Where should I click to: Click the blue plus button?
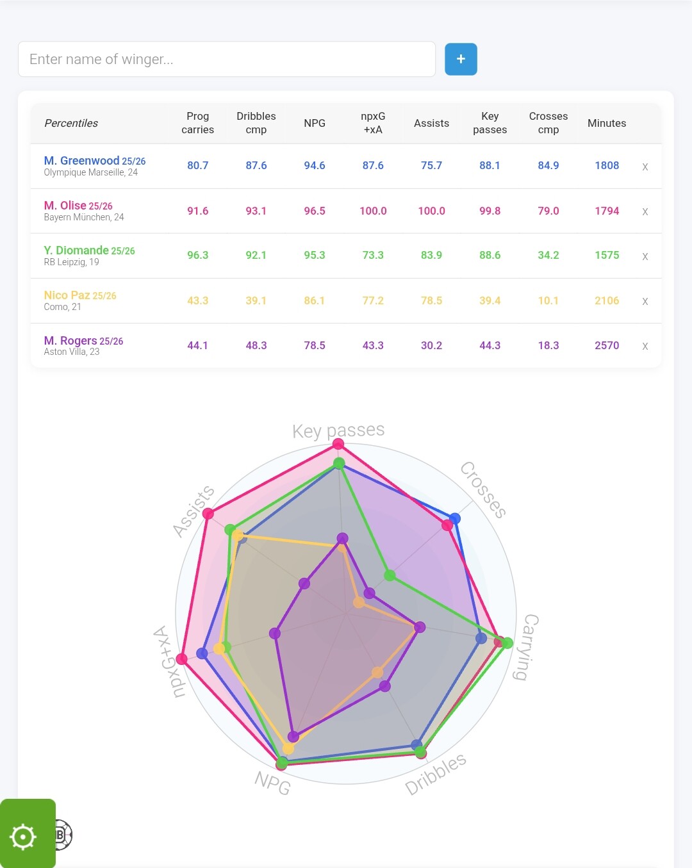click(x=461, y=59)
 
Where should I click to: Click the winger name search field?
click(x=227, y=59)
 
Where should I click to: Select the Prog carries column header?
click(x=197, y=123)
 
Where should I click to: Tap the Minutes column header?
click(x=606, y=123)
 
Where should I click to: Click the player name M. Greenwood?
click(x=81, y=161)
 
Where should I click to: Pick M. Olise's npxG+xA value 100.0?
click(x=373, y=211)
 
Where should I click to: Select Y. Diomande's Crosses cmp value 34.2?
click(x=548, y=255)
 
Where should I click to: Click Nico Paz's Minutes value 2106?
click(x=606, y=300)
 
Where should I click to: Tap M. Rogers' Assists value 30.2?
click(x=431, y=345)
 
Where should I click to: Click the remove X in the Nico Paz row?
click(x=645, y=301)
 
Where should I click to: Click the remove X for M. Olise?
click(x=645, y=211)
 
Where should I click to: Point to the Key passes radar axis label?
click(x=338, y=430)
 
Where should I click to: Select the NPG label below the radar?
click(x=272, y=782)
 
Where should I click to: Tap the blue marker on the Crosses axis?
click(x=454, y=518)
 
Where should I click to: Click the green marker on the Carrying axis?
click(x=507, y=643)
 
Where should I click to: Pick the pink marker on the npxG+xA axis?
click(x=181, y=659)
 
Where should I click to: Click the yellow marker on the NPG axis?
click(x=288, y=748)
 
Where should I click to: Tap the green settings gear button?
click(x=24, y=837)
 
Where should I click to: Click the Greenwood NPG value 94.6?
click(x=314, y=165)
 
